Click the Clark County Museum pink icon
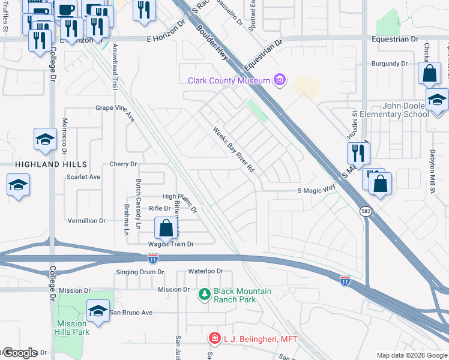[x=279, y=80]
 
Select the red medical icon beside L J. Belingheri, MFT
[x=214, y=339]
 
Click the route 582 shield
[x=365, y=211]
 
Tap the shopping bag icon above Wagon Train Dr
[x=166, y=229]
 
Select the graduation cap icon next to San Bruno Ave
[x=98, y=311]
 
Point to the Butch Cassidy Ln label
[x=139, y=204]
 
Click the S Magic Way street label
[x=316, y=190]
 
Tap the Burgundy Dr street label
[x=389, y=63]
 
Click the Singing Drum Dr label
[x=139, y=272]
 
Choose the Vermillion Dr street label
[x=86, y=221]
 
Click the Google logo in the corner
[x=19, y=353]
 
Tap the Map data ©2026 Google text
[x=411, y=355]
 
